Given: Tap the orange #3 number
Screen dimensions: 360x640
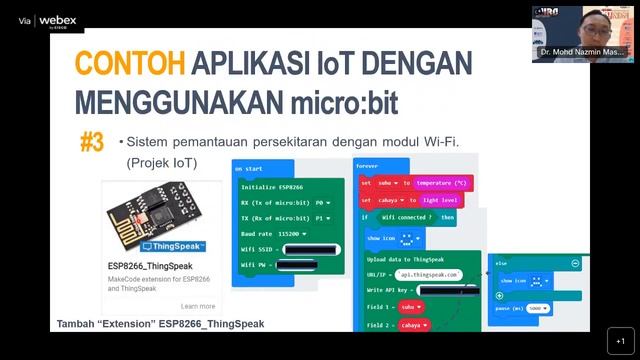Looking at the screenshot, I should click(92, 142).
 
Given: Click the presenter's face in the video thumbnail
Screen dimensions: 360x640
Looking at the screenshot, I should click(593, 22).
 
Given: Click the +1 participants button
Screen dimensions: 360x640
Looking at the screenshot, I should click(620, 340).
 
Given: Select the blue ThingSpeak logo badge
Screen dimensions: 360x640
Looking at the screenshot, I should click(174, 246).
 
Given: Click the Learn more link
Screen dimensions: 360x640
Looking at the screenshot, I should click(198, 306).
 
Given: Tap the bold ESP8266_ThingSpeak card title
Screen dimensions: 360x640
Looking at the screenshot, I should click(151, 266).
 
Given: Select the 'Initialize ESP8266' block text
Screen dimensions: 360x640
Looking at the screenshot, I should click(272, 187).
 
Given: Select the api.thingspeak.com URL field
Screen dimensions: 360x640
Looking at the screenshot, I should click(427, 274).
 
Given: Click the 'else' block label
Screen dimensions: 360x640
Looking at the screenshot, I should click(502, 263).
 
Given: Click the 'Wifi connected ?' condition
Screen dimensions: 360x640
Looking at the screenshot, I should click(406, 217).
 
